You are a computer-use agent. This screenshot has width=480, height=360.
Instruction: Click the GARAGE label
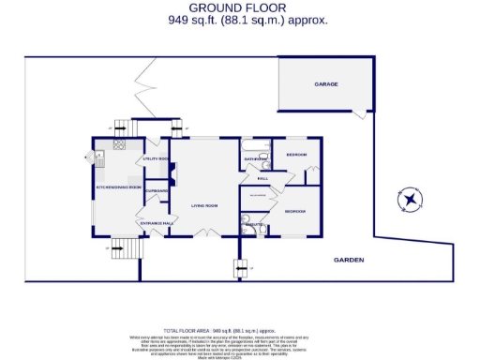325,84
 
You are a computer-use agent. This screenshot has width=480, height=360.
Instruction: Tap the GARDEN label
347,260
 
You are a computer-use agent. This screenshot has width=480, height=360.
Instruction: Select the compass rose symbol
410,199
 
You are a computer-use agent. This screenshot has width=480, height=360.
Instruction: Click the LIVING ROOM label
205,205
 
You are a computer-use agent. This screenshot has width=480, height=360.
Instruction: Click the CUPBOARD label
157,190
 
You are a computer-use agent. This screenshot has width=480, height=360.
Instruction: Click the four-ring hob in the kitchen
119,145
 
